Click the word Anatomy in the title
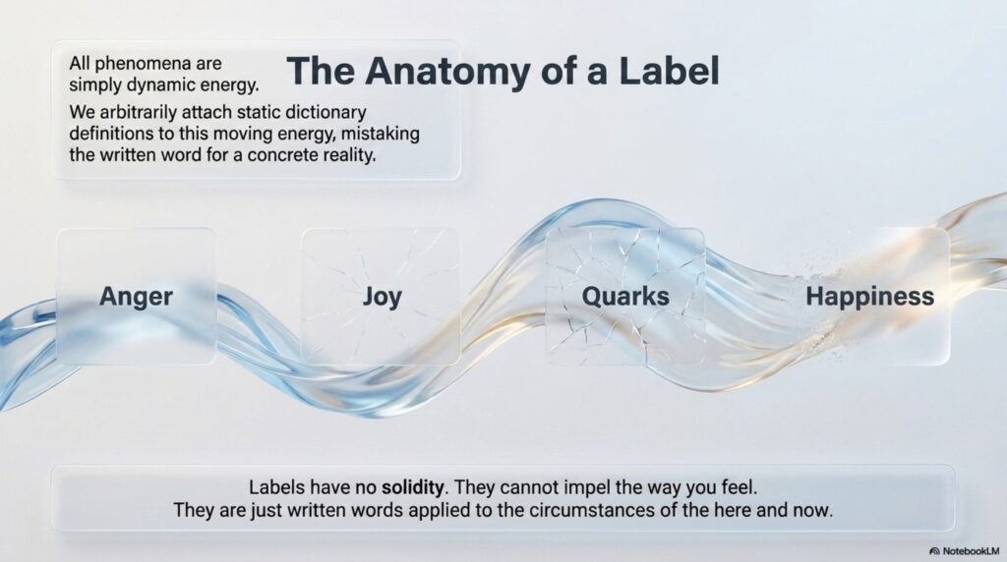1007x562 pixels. tap(448, 72)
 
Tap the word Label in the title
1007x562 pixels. tap(669, 71)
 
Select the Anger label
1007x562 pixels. tap(136, 297)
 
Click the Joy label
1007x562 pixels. tap(383, 297)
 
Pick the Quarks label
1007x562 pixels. tap(625, 297)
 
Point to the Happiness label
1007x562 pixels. tap(870, 297)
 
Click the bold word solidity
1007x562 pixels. tap(412, 487)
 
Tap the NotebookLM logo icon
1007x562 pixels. tap(934, 551)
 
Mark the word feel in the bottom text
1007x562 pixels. tap(740, 487)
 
